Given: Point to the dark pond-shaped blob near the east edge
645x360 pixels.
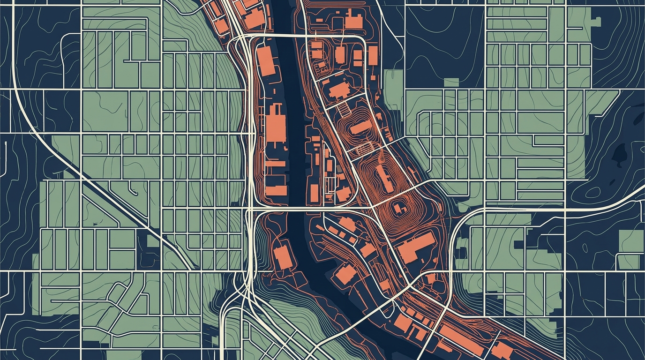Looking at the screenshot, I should (x=622, y=153).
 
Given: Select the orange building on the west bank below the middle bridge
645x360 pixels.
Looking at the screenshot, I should (x=283, y=257).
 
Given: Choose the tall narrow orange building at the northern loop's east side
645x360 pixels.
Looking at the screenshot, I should (x=373, y=55).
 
